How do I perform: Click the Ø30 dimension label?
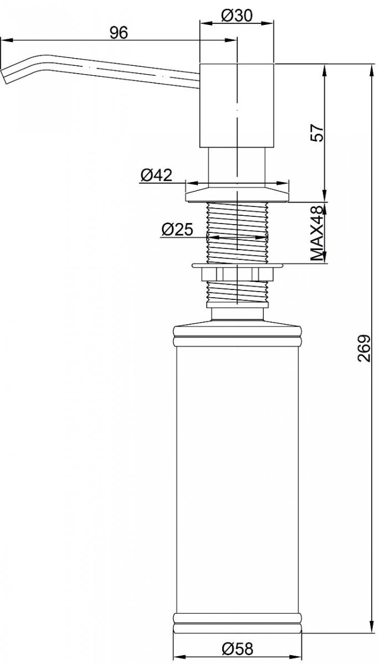(237, 15)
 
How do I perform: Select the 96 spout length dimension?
(119, 33)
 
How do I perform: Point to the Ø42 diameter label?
(156, 175)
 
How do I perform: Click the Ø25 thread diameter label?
(177, 229)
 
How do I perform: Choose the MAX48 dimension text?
(317, 234)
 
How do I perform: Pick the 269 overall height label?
(364, 348)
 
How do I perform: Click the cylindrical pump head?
(237, 105)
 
